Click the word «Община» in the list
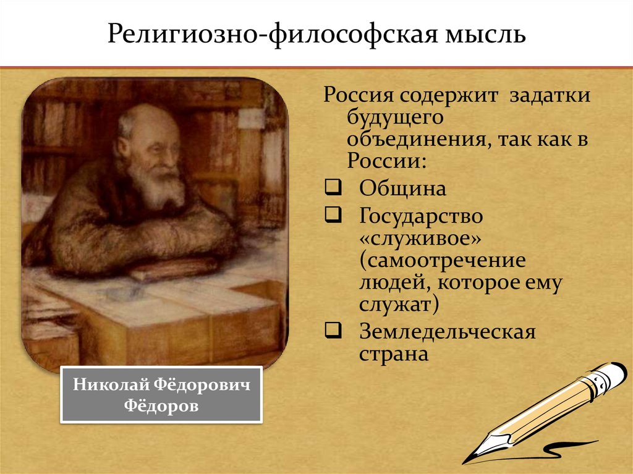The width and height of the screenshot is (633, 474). point(402,188)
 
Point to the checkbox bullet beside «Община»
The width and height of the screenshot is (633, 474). point(331,187)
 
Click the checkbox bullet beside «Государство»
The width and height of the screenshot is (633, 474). point(331,216)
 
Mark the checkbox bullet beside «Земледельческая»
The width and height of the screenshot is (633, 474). point(331,331)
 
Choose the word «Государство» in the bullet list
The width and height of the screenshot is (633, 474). point(420,217)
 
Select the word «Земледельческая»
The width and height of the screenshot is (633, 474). point(447,332)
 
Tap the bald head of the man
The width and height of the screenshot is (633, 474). point(147,117)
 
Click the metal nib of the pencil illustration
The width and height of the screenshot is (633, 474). point(476,452)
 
